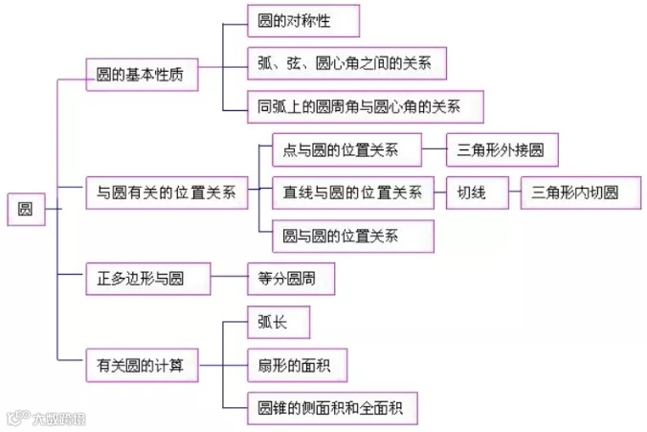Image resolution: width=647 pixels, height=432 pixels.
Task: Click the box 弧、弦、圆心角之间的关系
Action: click(346, 63)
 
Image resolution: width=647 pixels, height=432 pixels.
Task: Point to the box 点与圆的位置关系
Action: click(341, 149)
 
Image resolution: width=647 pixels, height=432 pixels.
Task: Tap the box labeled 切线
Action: click(472, 192)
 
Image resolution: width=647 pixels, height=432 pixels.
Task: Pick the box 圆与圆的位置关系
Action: click(341, 235)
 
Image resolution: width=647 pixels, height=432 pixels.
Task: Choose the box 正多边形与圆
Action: click(141, 278)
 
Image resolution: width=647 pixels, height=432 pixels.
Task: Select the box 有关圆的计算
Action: click(141, 364)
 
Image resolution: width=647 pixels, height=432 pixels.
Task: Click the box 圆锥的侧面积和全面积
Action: click(324, 407)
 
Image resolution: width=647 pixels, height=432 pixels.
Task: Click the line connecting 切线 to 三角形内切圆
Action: click(508, 192)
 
